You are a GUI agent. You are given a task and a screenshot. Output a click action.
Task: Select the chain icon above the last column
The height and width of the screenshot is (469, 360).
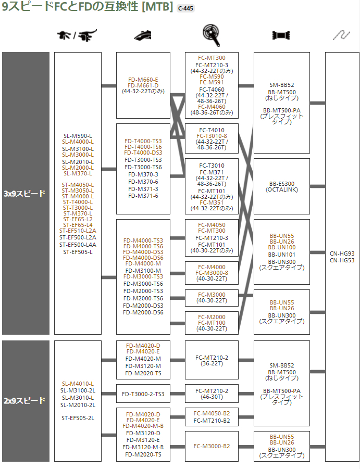[342, 35]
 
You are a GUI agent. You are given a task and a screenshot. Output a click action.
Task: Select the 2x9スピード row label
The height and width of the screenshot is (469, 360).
[25, 401]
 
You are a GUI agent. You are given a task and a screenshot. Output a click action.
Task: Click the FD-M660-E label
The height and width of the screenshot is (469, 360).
[143, 80]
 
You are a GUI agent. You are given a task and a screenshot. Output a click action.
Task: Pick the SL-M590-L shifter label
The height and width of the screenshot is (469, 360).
[78, 136]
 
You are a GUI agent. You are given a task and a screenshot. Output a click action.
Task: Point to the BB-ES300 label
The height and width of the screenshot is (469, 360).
[281, 184]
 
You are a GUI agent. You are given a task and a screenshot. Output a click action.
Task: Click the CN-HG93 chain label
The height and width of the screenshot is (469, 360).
[342, 253]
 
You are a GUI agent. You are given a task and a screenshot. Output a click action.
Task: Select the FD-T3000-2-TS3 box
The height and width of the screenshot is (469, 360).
[143, 394]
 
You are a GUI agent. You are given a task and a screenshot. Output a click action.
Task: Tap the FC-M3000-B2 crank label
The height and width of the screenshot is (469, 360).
[212, 446]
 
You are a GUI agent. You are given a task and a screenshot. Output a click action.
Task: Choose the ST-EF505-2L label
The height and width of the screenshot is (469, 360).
[78, 417]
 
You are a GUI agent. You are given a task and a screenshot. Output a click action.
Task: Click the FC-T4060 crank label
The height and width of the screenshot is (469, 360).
[212, 89]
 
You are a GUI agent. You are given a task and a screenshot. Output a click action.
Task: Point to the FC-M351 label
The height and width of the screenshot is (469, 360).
[212, 202]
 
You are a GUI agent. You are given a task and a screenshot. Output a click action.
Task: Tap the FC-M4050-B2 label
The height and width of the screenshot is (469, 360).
[212, 414]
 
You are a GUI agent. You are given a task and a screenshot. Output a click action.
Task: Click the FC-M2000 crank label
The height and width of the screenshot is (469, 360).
[212, 317]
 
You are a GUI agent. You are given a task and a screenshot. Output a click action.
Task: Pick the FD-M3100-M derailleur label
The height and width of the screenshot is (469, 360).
[143, 270]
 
